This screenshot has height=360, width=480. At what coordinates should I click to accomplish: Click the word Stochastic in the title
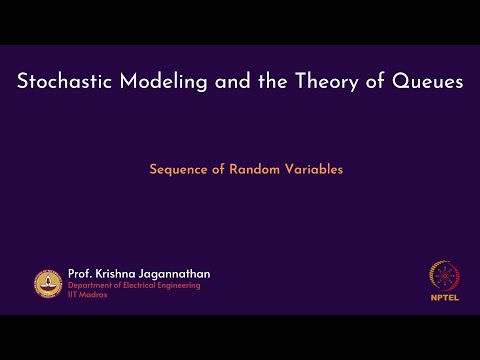pos(64,82)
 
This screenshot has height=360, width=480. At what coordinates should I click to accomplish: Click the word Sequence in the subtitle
pos(178,169)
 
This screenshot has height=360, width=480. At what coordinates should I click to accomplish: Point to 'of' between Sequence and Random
pos(218,169)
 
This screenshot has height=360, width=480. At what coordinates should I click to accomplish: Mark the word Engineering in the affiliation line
pos(180,286)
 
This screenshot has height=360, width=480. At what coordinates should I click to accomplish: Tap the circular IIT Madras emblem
pos(47,283)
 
